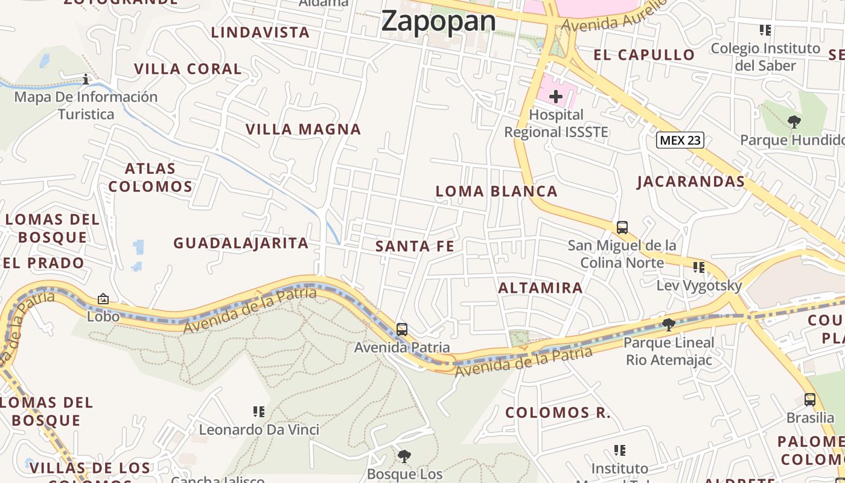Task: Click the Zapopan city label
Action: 439,21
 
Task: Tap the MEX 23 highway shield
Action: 680,140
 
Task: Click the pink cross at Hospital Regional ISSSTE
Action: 556,96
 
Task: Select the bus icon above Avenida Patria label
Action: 402,330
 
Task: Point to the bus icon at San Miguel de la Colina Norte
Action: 622,228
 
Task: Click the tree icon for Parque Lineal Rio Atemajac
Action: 669,325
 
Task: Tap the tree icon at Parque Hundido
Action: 794,122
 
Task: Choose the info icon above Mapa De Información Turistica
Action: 86,79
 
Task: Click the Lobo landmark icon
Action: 103,299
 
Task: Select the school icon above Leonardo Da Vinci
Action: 259,412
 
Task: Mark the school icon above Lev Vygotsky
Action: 699,267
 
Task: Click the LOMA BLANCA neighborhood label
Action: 497,191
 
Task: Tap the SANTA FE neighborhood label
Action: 415,246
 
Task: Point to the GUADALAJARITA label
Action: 241,243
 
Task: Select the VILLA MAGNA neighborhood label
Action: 303,129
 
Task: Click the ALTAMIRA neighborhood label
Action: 540,288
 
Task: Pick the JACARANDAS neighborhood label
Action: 690,182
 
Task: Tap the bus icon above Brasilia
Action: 810,400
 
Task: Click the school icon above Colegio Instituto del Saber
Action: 765,30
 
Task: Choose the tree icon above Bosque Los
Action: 404,456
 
